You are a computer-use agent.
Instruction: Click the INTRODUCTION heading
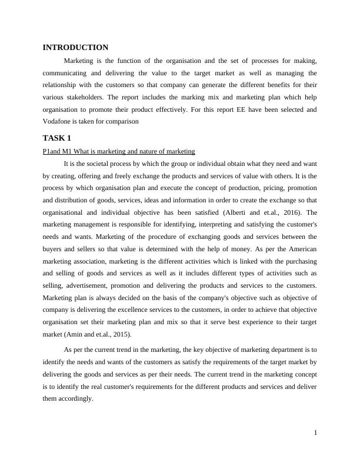pos(75,47)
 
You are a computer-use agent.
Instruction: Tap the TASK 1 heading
pos(57,138)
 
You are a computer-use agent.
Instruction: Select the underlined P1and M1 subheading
pos(119,151)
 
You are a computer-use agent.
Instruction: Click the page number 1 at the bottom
pos(315,433)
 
